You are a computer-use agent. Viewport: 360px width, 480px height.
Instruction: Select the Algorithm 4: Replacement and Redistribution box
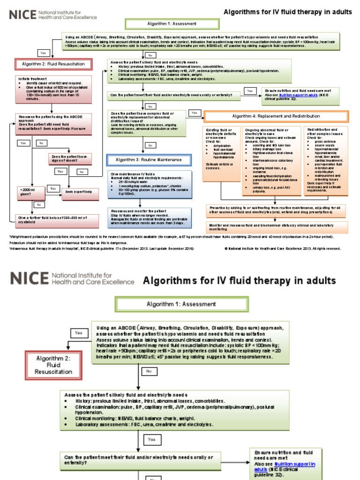pyautogui.click(x=276, y=116)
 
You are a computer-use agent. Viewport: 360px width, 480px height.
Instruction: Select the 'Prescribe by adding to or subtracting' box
pyautogui.click(x=277, y=209)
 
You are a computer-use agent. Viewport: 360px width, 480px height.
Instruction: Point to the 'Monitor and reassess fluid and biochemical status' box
pyautogui.click(x=277, y=227)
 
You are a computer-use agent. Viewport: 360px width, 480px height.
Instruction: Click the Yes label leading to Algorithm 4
pyautogui.click(x=194, y=113)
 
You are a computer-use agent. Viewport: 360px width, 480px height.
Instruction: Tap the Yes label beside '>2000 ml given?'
pyautogui.click(x=53, y=188)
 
